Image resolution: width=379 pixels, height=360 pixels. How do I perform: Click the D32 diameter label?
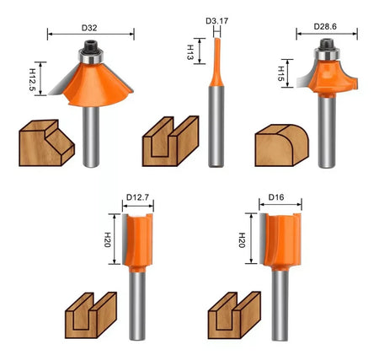(x=89, y=28)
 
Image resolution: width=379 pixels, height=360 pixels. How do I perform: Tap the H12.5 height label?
(x=32, y=80)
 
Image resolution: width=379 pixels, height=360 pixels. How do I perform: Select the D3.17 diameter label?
(x=216, y=21)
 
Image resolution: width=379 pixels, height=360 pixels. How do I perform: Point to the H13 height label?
(x=190, y=52)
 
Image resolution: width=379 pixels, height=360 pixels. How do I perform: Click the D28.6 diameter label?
(x=325, y=27)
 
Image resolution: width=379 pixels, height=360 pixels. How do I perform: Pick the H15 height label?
(x=281, y=73)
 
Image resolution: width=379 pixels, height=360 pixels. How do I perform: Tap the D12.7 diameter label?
(x=137, y=197)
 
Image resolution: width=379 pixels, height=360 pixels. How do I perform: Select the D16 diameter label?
(x=276, y=197)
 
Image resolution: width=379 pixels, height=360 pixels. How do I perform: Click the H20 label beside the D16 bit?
(x=242, y=240)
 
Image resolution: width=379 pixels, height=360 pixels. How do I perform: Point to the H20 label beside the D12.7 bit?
(x=107, y=239)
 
